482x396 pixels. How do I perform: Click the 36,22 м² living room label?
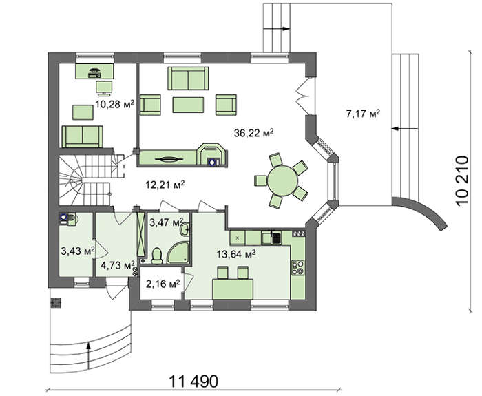pyautogui.click(x=253, y=133)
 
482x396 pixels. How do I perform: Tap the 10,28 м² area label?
pyautogui.click(x=115, y=104)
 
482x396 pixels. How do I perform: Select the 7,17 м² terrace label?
pyautogui.click(x=363, y=114)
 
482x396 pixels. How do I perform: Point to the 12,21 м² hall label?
pyautogui.click(x=165, y=185)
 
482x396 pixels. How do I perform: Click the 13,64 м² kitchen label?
pyautogui.click(x=236, y=254)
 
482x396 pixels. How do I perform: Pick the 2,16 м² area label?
pyautogui.click(x=163, y=284)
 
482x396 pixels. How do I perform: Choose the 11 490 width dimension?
pyautogui.click(x=193, y=382)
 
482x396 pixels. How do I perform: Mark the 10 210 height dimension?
pyautogui.click(x=462, y=180)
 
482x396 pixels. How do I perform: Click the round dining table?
pyautogui.click(x=283, y=180)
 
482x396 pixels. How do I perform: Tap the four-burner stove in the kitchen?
pyautogui.click(x=297, y=268)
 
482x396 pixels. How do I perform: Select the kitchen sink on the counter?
pyautogui.click(x=271, y=238)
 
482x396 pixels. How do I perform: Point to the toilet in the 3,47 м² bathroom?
pyautogui.click(x=157, y=256)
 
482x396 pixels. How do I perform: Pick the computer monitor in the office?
pyautogui.click(x=104, y=87)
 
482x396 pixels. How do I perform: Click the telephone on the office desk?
pyautogui.click(x=94, y=72)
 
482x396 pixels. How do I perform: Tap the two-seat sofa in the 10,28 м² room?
pyautogui.click(x=82, y=137)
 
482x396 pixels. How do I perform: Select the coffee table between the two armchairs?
pyautogui.click(x=188, y=105)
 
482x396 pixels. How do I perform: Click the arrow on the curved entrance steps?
pyautogui.click(x=89, y=355)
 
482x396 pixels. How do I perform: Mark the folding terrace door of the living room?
pyautogui.click(x=305, y=96)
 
